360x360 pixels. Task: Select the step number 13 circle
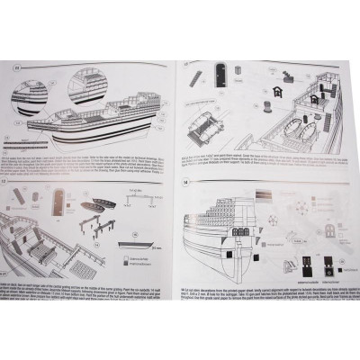(184, 67)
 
